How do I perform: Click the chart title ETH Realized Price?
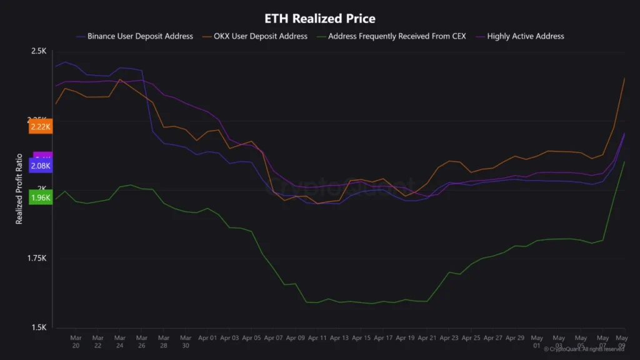coord(320,19)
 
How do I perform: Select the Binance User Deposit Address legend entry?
coord(140,36)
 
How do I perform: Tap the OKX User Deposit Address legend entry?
coord(261,36)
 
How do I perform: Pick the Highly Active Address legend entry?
coord(525,36)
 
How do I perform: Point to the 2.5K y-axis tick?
coord(39,51)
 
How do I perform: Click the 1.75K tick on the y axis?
coord(37,258)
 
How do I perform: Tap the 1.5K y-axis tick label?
coord(39,327)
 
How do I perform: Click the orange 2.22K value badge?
coord(40,127)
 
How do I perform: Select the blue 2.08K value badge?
coord(40,166)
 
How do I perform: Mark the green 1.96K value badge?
coord(40,198)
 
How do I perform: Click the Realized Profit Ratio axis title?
coord(19,189)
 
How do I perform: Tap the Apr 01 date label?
coord(207,337)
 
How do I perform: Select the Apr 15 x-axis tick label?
coord(361,337)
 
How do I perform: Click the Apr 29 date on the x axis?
coord(515,337)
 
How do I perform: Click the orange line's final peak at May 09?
coord(625,78)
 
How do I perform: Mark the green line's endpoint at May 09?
coord(625,162)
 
